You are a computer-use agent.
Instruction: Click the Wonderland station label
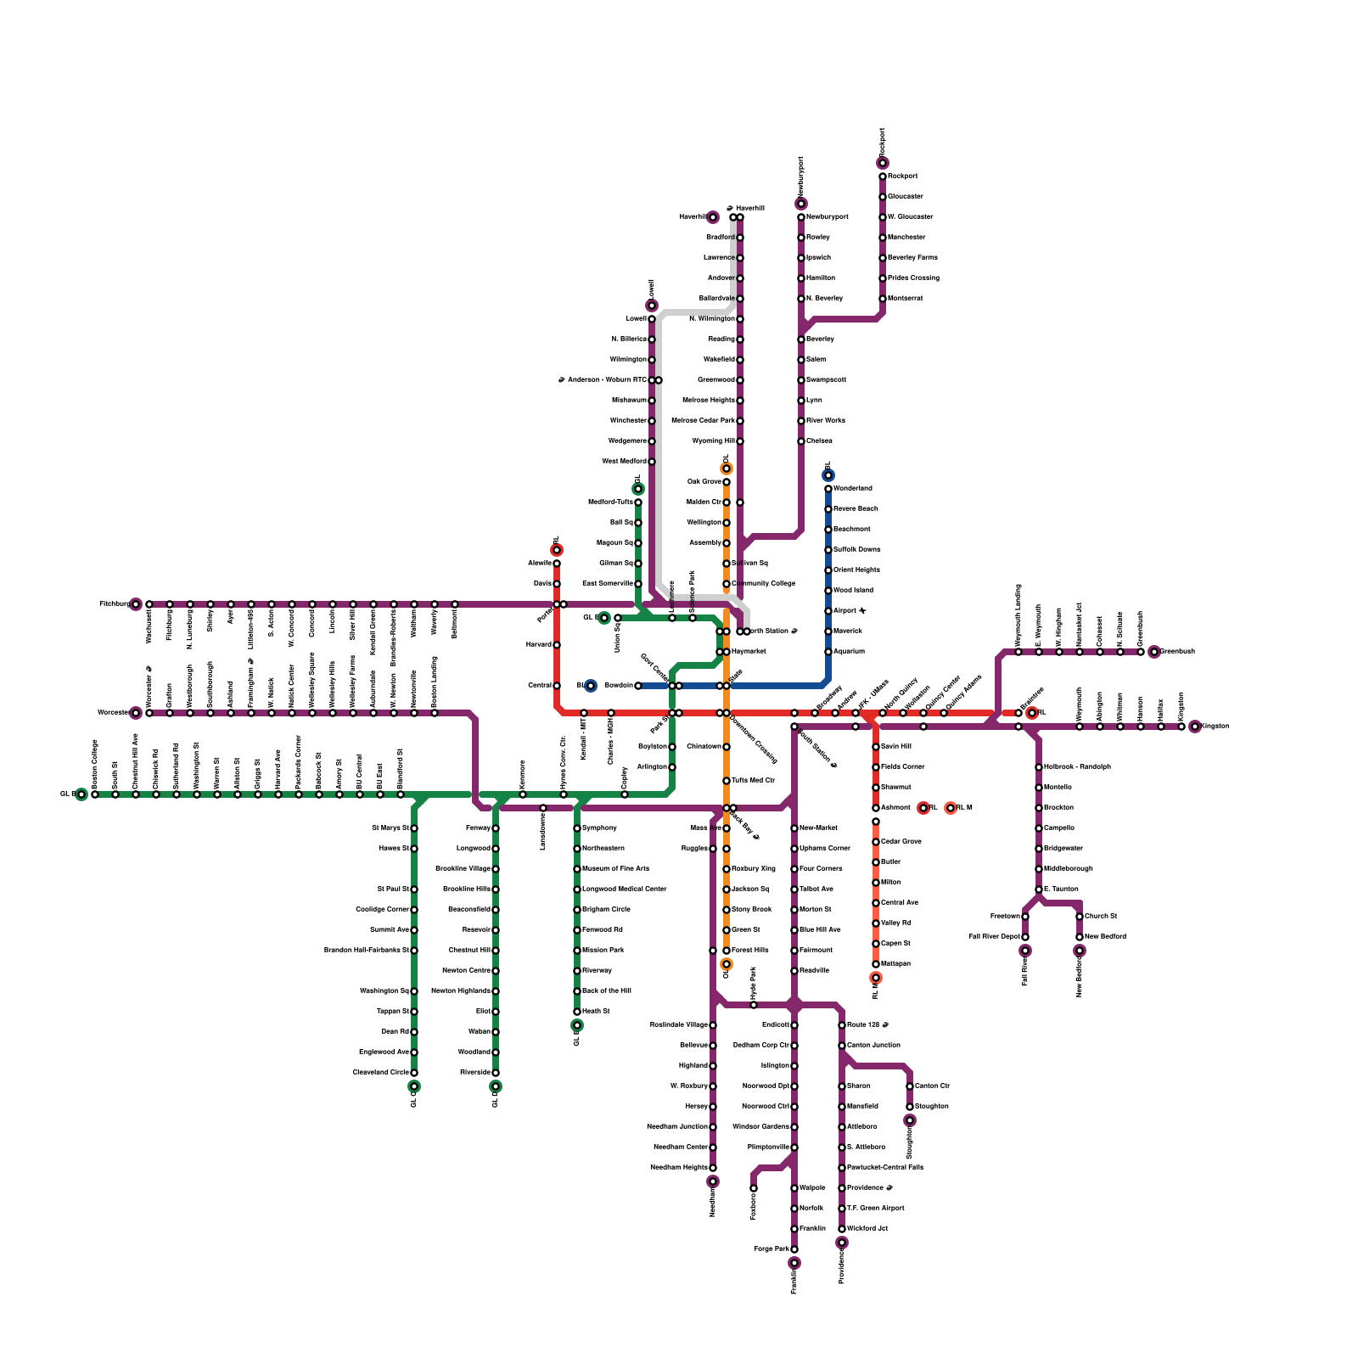[x=852, y=489]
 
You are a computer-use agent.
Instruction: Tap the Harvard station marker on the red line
[x=557, y=645]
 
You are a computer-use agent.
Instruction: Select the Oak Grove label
[x=704, y=482]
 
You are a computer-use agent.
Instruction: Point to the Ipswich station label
[x=818, y=258]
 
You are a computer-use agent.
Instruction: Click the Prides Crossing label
[x=913, y=278]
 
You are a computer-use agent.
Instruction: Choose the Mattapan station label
[x=895, y=964]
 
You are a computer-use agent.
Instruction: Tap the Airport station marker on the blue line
[x=828, y=611]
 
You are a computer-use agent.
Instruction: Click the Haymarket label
[x=749, y=652]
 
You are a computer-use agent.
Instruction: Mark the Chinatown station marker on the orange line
[x=727, y=747]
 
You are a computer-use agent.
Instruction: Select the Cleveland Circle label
[x=380, y=1073]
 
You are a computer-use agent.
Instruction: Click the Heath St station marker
[x=577, y=1012]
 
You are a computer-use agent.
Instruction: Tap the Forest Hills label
[x=749, y=951]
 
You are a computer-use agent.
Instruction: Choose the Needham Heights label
[x=677, y=1168]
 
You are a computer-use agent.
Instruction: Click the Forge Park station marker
[x=794, y=1249]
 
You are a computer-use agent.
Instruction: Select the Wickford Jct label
[x=867, y=1229]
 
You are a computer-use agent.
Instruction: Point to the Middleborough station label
[x=1068, y=869]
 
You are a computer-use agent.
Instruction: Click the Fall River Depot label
[x=994, y=937]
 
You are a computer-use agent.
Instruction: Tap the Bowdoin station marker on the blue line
[x=638, y=686]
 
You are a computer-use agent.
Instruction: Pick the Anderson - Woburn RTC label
[x=602, y=380]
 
